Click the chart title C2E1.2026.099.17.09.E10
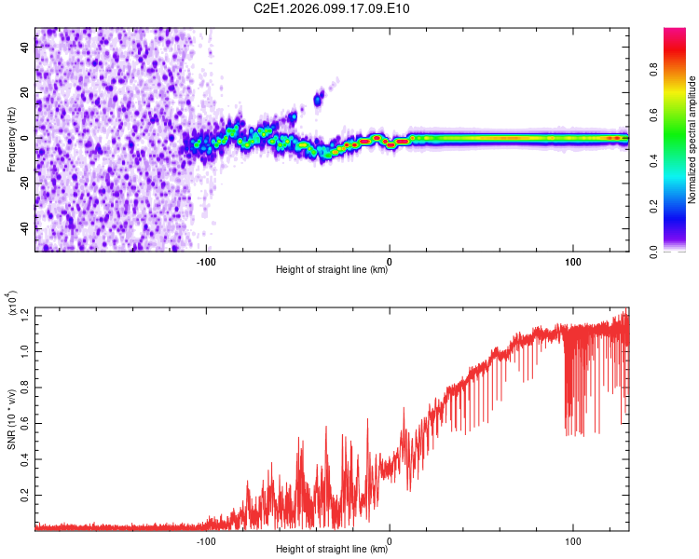pyautogui.click(x=332, y=9)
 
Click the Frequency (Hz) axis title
pyautogui.click(x=11, y=140)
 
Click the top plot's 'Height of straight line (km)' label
pyautogui.click(x=332, y=270)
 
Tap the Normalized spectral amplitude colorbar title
pyautogui.click(x=692, y=140)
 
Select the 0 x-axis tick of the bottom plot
pyautogui.click(x=390, y=539)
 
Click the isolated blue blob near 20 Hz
pyautogui.click(x=319, y=98)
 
